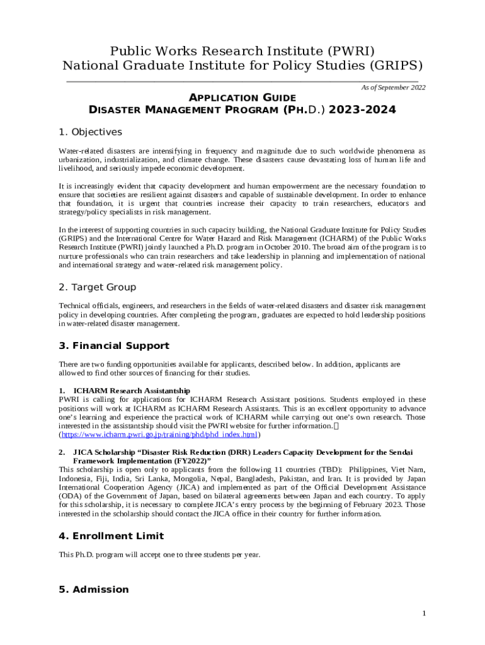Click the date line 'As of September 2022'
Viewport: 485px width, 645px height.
[x=393, y=88]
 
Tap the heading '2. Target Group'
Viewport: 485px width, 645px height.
[x=97, y=287]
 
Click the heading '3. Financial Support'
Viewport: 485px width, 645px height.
[x=113, y=346]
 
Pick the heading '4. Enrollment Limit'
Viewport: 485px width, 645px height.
[x=111, y=536]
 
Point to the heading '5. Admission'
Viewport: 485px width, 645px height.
[x=93, y=590]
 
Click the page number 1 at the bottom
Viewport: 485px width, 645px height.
[x=424, y=614]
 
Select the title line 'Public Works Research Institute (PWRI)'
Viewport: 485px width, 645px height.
[x=243, y=51]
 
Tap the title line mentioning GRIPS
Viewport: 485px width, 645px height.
[x=243, y=66]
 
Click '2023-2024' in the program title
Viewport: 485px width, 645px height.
[x=362, y=110]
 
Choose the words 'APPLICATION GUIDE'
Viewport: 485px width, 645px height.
[x=243, y=98]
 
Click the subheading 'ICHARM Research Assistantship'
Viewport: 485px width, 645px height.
[x=132, y=391]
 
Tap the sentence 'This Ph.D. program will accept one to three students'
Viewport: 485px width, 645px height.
[x=159, y=555]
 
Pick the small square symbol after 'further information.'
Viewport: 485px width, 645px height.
[x=336, y=426]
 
